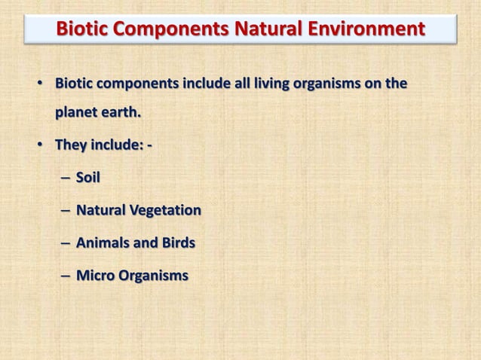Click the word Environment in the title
click(366, 29)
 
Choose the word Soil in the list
click(88, 178)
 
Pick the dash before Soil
click(63, 178)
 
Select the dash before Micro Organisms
click(63, 276)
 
